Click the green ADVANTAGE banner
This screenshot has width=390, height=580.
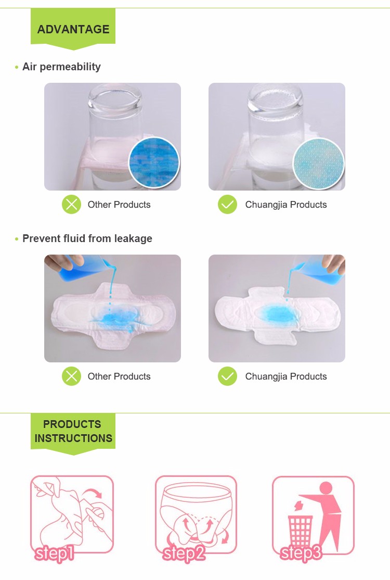[x=73, y=29]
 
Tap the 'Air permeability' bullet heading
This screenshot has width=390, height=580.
[x=61, y=67]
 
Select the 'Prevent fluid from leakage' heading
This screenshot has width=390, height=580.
[x=87, y=238]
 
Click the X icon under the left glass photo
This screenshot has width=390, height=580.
[x=71, y=204]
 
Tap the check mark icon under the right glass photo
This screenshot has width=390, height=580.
[x=227, y=204]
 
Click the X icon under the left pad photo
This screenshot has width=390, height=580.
[x=71, y=376]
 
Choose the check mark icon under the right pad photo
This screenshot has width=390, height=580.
[x=227, y=376]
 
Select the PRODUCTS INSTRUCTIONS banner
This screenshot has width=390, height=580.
[x=73, y=431]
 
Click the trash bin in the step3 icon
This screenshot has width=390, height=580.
[x=301, y=530]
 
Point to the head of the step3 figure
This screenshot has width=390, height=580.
[x=326, y=488]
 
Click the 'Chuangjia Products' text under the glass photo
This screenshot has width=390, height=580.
[x=286, y=205]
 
